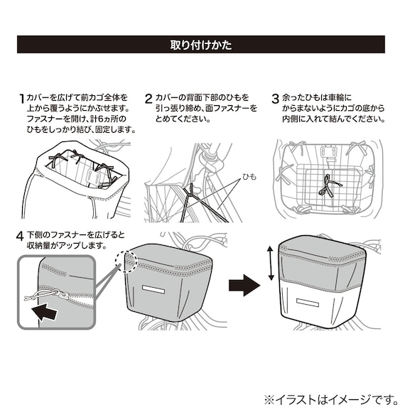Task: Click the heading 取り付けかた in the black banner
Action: (x=202, y=45)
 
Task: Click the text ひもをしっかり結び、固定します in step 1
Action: (x=80, y=131)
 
